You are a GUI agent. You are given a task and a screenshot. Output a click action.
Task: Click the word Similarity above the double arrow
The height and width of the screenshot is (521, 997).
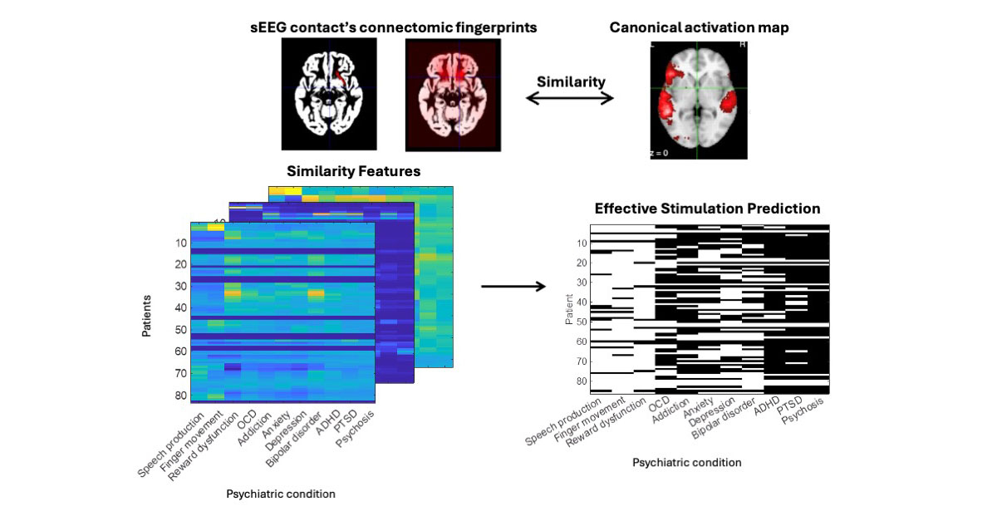[x=571, y=81]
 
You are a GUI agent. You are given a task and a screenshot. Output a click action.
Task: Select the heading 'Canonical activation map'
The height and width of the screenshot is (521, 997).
[x=699, y=27]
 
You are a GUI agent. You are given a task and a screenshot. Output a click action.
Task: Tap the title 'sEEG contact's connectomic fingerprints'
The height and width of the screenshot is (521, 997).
[x=394, y=27]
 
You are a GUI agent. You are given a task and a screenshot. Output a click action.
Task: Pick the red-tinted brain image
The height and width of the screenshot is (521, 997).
[x=453, y=96]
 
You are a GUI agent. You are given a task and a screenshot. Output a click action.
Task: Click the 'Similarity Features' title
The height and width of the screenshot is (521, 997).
[x=353, y=172]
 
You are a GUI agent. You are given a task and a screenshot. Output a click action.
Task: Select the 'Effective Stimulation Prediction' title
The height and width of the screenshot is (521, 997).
[x=707, y=209]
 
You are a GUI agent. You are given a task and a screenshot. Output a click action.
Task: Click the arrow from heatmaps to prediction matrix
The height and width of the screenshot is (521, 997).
[x=513, y=287]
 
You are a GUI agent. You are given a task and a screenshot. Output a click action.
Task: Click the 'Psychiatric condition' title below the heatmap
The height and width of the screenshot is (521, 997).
[x=281, y=494]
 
